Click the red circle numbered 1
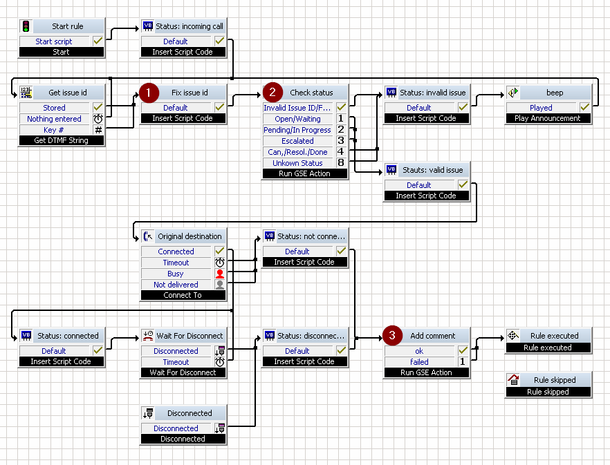click(149, 93)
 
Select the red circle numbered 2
click(272, 92)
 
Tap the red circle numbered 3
click(392, 335)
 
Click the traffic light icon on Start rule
click(26, 26)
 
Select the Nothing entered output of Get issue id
click(54, 119)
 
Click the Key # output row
click(54, 130)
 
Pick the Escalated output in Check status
click(297, 141)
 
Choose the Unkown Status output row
click(297, 163)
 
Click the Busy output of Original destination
click(176, 274)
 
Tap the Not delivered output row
click(176, 285)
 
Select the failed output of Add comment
click(419, 362)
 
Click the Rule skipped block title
click(555, 380)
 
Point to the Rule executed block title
click(555, 336)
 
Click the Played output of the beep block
click(541, 108)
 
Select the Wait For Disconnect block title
click(190, 336)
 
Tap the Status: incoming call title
click(190, 26)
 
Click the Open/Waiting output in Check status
click(297, 119)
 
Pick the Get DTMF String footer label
click(61, 140)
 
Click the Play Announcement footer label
click(547, 118)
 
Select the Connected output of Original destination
click(176, 252)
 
